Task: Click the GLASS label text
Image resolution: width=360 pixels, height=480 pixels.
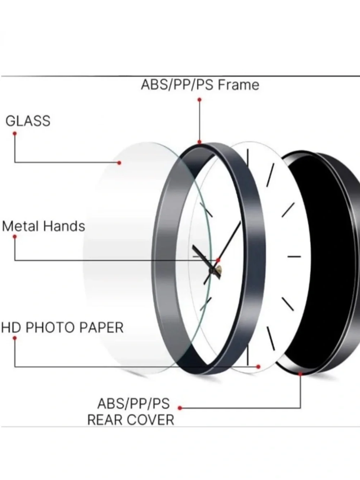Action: (x=28, y=121)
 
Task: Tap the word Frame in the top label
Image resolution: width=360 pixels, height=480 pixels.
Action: (x=239, y=85)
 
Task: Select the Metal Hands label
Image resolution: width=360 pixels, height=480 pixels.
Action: (x=44, y=226)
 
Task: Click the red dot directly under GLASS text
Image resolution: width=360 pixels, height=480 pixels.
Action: (x=15, y=133)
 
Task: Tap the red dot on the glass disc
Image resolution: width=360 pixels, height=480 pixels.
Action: (x=119, y=163)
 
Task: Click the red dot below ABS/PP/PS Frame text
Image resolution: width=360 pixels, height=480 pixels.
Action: (x=199, y=100)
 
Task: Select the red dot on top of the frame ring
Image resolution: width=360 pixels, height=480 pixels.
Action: (x=199, y=142)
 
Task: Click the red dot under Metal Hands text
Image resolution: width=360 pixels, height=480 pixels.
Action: (x=15, y=237)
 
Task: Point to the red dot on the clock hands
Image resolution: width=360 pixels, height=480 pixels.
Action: (x=218, y=260)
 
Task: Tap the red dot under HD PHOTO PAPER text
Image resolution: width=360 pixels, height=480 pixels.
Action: (x=15, y=338)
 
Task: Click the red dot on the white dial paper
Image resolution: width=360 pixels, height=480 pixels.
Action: (x=258, y=367)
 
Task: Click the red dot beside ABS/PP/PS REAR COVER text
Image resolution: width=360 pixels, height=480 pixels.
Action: (x=180, y=408)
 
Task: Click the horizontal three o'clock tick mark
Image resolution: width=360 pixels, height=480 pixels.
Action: (x=294, y=256)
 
